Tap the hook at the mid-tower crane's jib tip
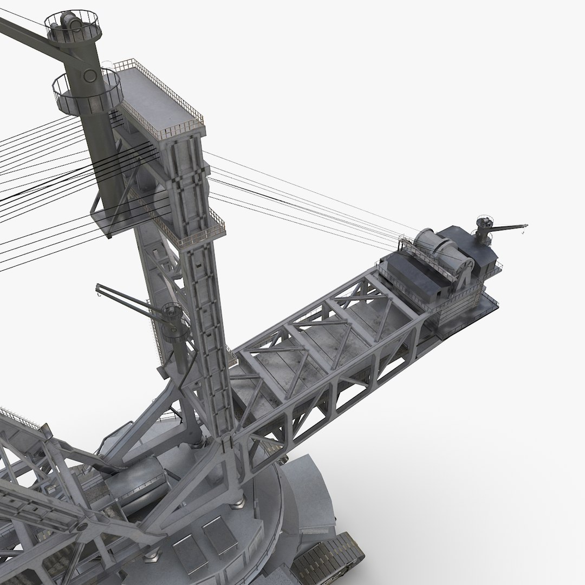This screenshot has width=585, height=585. coord(98,295)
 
